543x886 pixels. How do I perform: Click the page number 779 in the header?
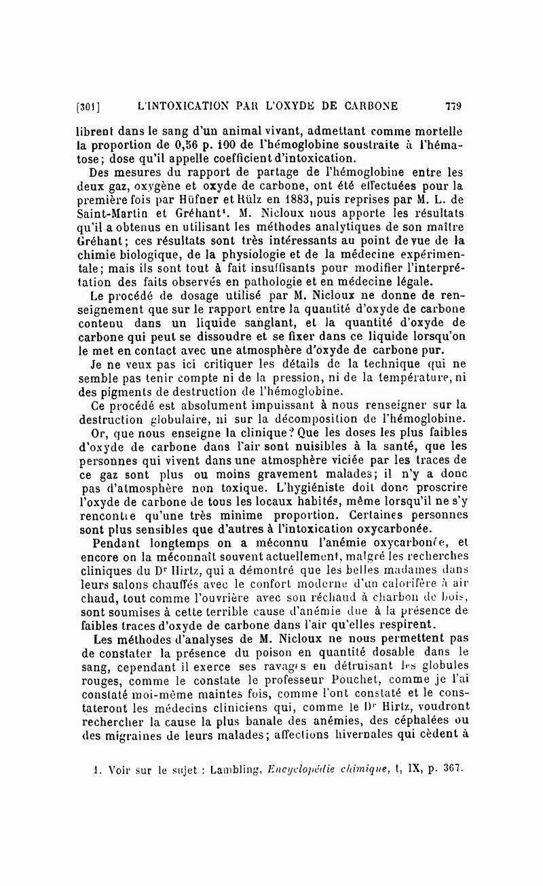(x=453, y=106)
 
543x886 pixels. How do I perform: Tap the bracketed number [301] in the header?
(x=89, y=107)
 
